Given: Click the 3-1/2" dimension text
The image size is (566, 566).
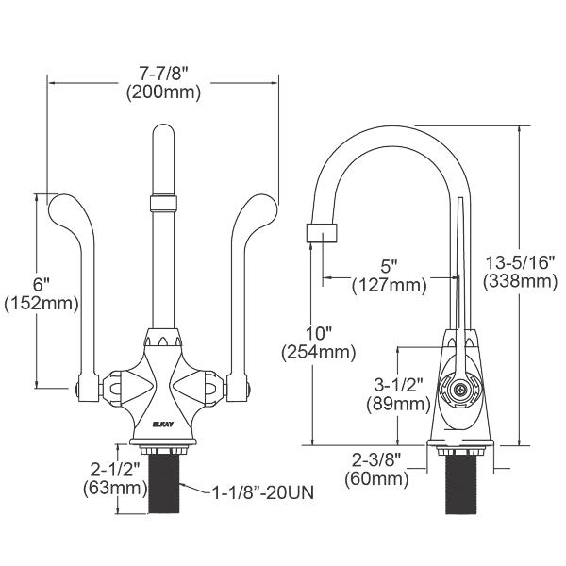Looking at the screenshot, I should (396, 384).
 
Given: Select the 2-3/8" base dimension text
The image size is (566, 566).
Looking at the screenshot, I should (378, 460).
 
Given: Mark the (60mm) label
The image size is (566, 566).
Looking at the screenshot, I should (378, 480).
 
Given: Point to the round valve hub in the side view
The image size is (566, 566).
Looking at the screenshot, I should (460, 388).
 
